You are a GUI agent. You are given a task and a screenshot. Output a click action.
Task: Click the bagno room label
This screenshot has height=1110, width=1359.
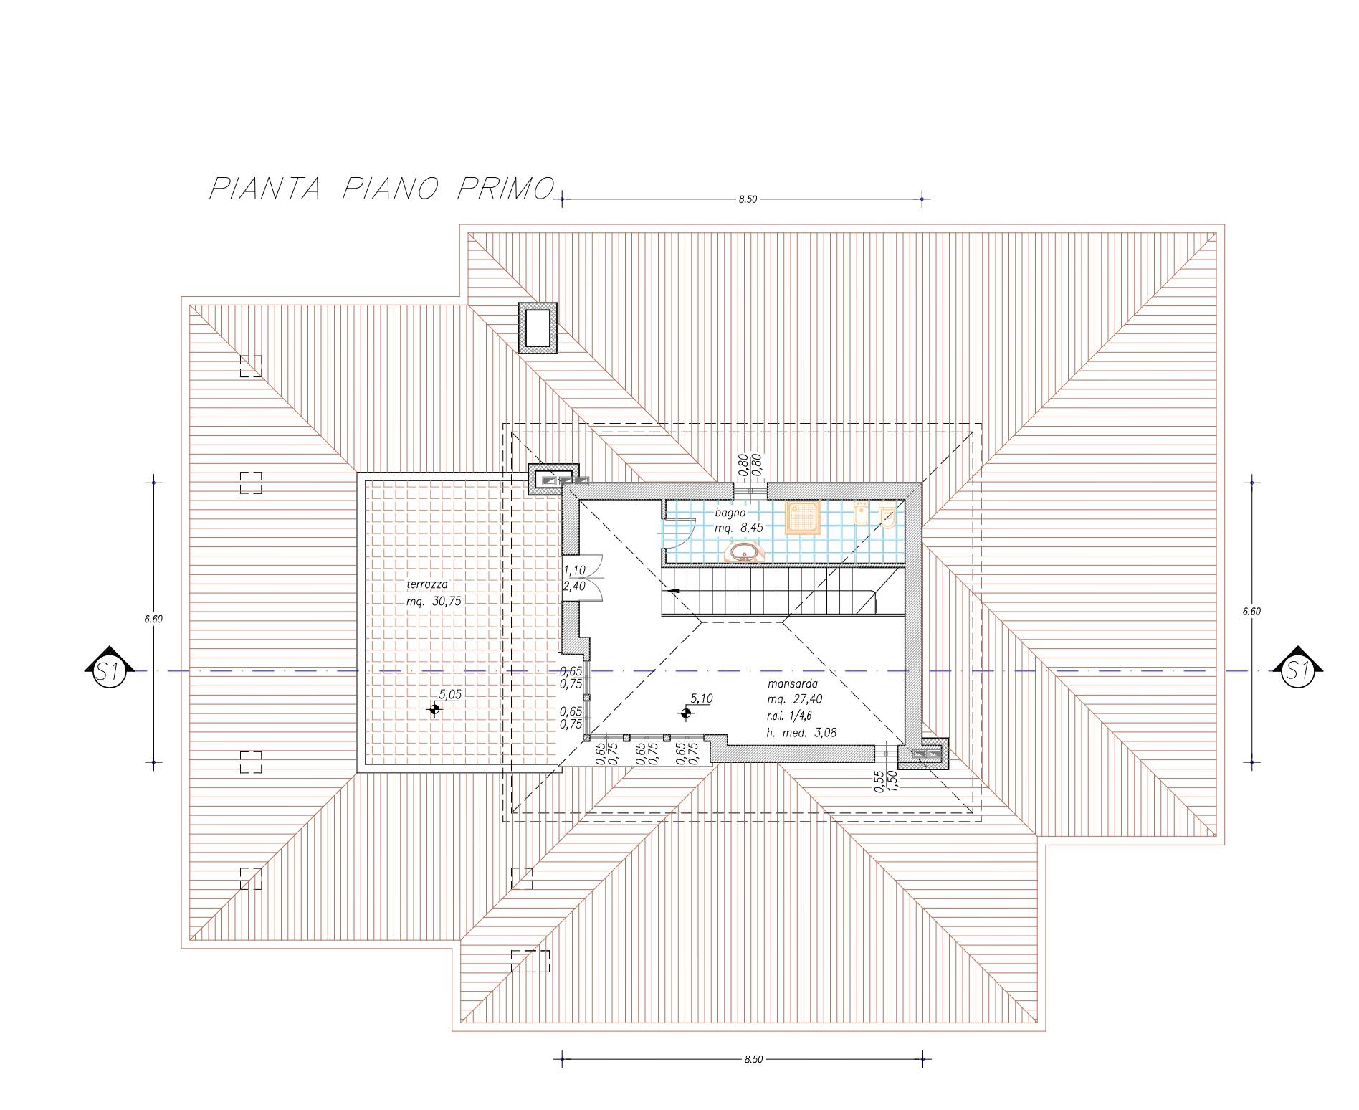730,513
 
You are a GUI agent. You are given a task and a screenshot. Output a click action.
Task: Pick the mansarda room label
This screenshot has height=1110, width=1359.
791,684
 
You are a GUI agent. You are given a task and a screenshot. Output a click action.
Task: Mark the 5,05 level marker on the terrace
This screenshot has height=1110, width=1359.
434,709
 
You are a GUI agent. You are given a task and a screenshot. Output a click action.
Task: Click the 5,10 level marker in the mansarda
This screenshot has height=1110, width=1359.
686,713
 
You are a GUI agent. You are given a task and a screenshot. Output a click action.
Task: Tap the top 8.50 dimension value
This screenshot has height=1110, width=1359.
748,199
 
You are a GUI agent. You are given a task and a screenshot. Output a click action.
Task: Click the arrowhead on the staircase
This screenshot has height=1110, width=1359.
673,591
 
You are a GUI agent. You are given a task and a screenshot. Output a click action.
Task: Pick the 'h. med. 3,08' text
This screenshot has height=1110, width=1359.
801,733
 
